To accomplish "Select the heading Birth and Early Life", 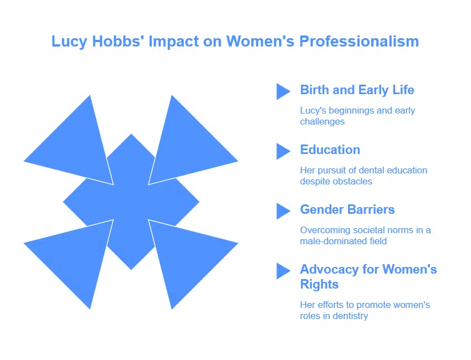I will tap(357, 90).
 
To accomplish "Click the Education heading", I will tap(330, 150).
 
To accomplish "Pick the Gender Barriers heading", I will tap(347, 209).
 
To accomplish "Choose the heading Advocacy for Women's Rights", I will tap(368, 277).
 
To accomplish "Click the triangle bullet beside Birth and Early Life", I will tap(283, 91).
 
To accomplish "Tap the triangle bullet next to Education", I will tap(283, 151).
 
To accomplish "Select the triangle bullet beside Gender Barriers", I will tap(283, 211).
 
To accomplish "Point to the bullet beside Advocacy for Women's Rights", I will tap(283, 271).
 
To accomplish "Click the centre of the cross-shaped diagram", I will tap(131, 202).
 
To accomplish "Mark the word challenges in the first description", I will tap(322, 121).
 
